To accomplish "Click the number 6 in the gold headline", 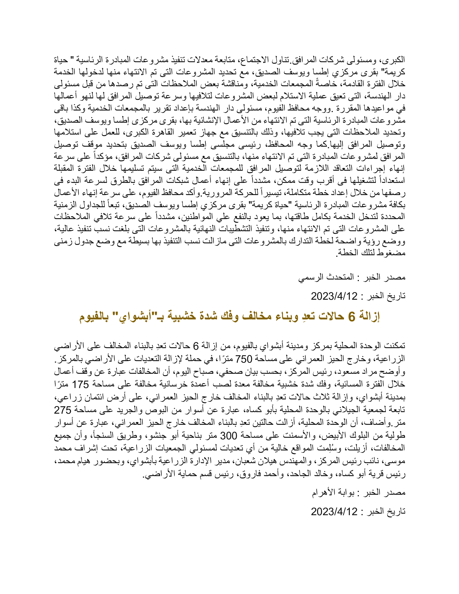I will tap(352, 317).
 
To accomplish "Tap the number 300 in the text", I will tap(229, 436).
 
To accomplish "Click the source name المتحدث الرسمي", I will tap(326, 277).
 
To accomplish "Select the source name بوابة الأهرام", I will tap(333, 492).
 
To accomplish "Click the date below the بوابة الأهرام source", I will tap(334, 512).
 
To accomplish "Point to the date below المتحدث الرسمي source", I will tap(334, 296).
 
